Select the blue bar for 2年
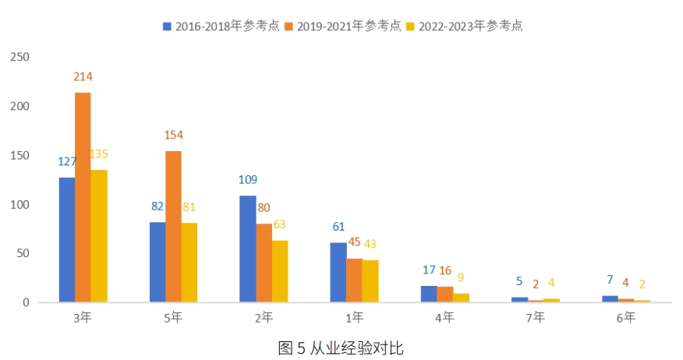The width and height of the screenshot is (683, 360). [x=248, y=249]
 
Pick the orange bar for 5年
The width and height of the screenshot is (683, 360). [x=173, y=227]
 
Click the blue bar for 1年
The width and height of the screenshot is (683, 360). [x=338, y=272]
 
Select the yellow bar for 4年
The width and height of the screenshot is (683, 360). [x=461, y=298]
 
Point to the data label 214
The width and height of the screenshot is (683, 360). [x=83, y=76]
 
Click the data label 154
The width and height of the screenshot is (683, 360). [x=173, y=135]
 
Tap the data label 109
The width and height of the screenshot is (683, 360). [x=248, y=180]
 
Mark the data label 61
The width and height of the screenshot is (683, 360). [x=338, y=227]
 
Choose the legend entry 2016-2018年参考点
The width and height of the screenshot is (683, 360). [x=221, y=26]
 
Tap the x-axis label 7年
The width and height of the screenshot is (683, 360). [x=535, y=317]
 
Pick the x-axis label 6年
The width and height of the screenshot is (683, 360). [x=625, y=317]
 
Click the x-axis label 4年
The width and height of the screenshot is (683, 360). [x=444, y=317]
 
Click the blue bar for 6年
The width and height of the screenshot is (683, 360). [x=610, y=298]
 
